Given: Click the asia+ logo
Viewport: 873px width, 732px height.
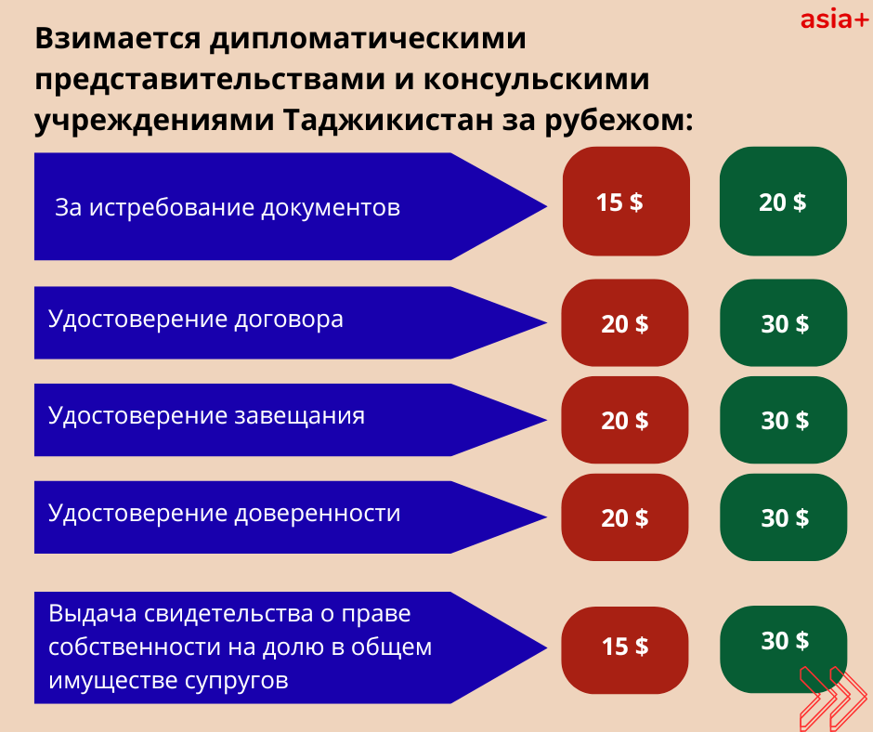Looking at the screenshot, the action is (x=834, y=20).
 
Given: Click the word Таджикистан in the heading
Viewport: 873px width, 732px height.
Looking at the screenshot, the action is (x=388, y=119).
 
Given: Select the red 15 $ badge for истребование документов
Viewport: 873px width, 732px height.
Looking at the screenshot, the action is (x=626, y=201).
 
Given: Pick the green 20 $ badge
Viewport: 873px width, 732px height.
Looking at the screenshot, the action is (x=783, y=201).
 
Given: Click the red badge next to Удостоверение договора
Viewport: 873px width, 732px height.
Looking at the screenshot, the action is (x=625, y=322).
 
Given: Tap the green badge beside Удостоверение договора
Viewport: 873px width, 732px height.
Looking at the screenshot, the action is (x=783, y=322).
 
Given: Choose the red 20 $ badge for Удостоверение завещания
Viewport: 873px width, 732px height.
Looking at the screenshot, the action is (x=625, y=420).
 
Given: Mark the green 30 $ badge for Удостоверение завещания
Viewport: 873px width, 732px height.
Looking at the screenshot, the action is (x=783, y=420).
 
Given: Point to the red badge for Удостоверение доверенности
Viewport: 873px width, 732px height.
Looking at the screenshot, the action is (x=625, y=517).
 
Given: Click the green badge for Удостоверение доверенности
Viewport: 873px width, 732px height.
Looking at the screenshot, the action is (x=783, y=517).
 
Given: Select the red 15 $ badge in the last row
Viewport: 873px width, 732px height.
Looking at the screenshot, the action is (x=625, y=650).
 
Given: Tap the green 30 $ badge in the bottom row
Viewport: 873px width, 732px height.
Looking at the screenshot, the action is (x=783, y=649).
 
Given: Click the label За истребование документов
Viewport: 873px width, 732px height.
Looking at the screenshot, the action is (x=228, y=207).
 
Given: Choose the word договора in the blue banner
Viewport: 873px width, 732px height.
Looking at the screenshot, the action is (x=289, y=320).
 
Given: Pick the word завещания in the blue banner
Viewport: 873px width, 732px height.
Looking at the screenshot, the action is (x=300, y=416).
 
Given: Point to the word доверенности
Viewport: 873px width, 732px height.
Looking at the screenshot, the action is (x=317, y=513).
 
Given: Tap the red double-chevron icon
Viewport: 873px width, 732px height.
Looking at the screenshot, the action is (x=833, y=699).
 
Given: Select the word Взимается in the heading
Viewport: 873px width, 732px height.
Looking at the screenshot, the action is (x=117, y=40).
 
